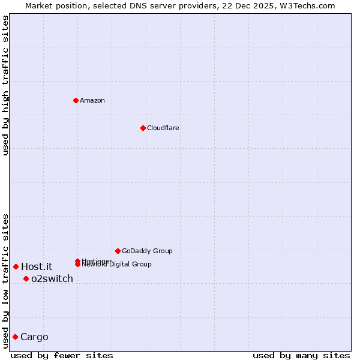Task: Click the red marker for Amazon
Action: click(x=76, y=100)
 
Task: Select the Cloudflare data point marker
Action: click(x=143, y=128)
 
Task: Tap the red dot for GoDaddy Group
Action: click(x=118, y=251)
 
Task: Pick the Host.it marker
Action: click(x=16, y=266)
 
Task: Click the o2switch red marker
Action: click(x=26, y=278)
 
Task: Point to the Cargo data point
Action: click(x=15, y=337)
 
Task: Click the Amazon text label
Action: click(x=92, y=100)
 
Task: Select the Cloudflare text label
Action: click(x=163, y=128)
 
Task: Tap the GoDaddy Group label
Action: click(x=147, y=251)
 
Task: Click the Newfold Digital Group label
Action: click(x=117, y=265)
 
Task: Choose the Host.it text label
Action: click(x=37, y=266)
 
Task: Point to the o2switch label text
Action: click(x=52, y=278)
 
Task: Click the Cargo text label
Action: click(x=34, y=337)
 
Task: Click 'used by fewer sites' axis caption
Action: click(x=62, y=356)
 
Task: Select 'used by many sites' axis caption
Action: click(x=301, y=356)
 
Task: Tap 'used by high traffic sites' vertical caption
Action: click(x=5, y=85)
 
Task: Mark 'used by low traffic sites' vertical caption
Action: click(x=5, y=280)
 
